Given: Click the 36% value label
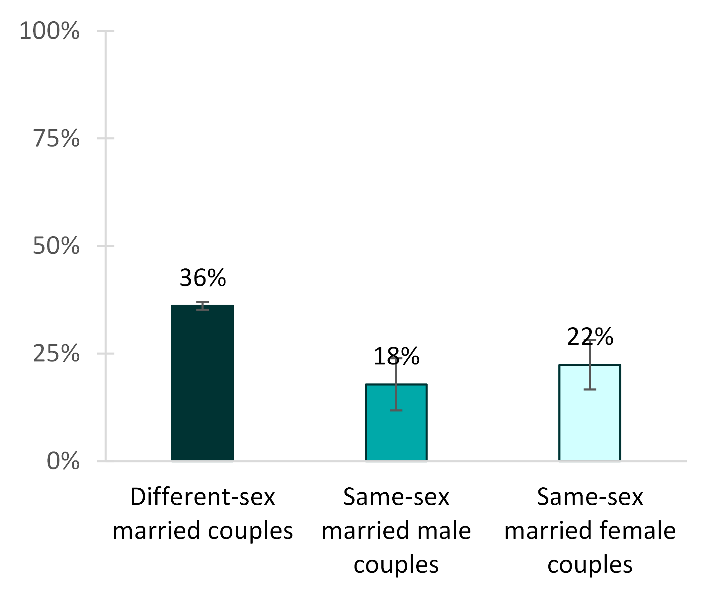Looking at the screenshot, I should point(202,278).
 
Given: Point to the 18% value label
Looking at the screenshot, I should point(396,356).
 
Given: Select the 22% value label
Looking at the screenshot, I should point(590,337).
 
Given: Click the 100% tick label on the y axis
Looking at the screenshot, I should point(49,31).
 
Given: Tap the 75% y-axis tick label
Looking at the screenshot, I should point(56,139).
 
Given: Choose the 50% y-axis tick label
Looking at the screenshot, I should point(56,246).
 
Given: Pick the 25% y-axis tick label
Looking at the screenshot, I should point(56,353).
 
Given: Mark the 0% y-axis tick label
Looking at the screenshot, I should point(63,461).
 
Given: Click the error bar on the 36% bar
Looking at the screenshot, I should point(202,306).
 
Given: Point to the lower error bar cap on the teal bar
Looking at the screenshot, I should point(396,410).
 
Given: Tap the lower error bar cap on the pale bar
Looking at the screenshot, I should point(590,389).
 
